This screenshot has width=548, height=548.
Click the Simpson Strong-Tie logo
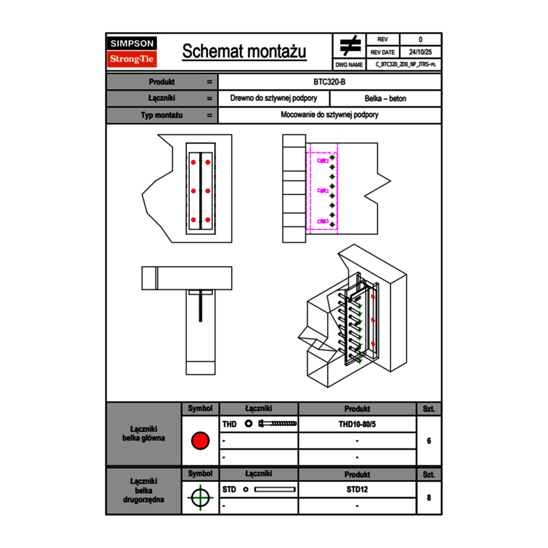tap(132, 52)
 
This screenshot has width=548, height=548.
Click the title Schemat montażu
tap(244, 52)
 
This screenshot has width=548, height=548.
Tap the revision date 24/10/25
tap(420, 52)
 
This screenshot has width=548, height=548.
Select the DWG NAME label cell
tap(349, 64)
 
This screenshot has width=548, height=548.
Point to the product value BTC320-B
tap(329, 82)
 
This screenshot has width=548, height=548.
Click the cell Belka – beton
tap(385, 98)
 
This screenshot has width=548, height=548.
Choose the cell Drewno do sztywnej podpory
tap(274, 98)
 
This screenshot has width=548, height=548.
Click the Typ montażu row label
tap(162, 115)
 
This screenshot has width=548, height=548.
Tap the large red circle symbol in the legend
tap(200, 441)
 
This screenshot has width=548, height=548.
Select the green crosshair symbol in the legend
tap(200, 498)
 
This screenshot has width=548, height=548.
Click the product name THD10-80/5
tap(357, 424)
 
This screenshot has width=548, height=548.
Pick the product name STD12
tap(357, 489)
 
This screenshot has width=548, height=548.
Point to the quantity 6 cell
tap(428, 441)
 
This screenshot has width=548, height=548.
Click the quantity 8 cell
tap(428, 498)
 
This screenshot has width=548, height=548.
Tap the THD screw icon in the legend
tap(278, 424)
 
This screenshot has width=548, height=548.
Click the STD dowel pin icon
tap(275, 489)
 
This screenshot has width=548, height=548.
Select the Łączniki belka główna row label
tap(144, 433)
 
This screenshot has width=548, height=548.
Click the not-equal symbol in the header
tap(350, 45)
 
